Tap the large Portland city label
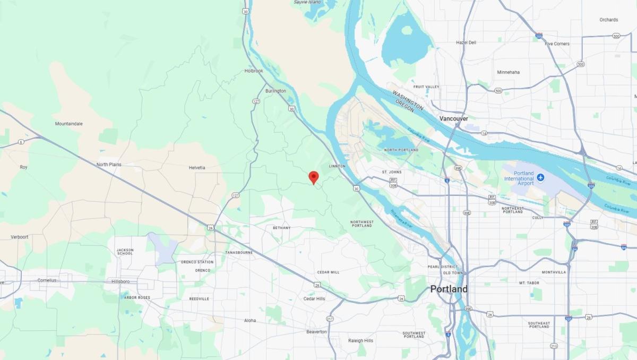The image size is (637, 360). (x=449, y=289)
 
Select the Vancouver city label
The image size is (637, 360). (x=454, y=119)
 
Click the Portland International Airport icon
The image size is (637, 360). (x=540, y=177)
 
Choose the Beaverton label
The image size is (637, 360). (x=316, y=332)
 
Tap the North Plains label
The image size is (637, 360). (x=109, y=165)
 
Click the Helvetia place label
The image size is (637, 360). (x=197, y=168)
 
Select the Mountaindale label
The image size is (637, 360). (x=69, y=124)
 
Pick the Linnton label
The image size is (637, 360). (x=337, y=166)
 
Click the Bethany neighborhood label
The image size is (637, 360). (x=281, y=228)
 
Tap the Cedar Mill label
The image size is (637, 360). (x=328, y=272)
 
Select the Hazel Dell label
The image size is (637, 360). (x=466, y=42)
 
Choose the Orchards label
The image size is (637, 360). (x=609, y=20)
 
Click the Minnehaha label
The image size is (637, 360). (x=508, y=72)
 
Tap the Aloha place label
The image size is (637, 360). (x=249, y=320)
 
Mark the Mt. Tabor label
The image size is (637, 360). (x=529, y=283)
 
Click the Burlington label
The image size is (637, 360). (x=276, y=91)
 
